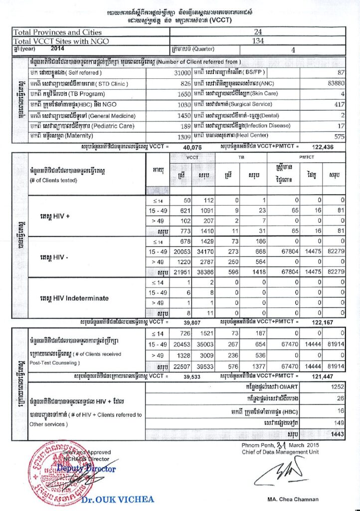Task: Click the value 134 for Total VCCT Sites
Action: pyautogui.click(x=258, y=41)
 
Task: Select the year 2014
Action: pyautogui.click(x=58, y=49)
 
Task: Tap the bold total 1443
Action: pyautogui.click(x=337, y=435)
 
